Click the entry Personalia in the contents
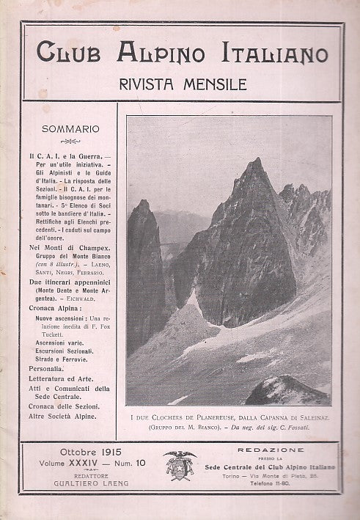47,369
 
